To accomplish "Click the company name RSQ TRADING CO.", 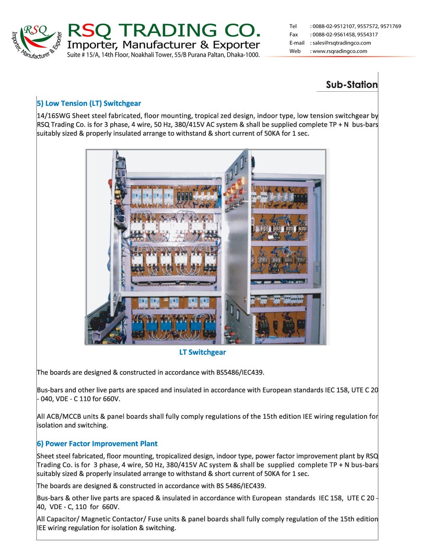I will (164, 30).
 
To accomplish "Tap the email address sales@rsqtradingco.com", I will (341, 43).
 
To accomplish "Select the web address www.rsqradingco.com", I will (340, 51).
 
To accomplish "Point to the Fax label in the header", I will (293, 35).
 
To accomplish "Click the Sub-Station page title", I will (352, 85).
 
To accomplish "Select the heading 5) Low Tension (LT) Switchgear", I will (89, 104).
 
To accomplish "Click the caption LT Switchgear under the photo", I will (203, 352).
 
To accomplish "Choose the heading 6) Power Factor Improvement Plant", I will (97, 443).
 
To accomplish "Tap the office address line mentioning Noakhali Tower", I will (163, 55).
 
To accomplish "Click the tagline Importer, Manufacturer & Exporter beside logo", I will (163, 45).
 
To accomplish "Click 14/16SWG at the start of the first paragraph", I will (53, 116).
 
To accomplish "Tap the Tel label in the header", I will (293, 26).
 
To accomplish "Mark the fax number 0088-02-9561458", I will (333, 35).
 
